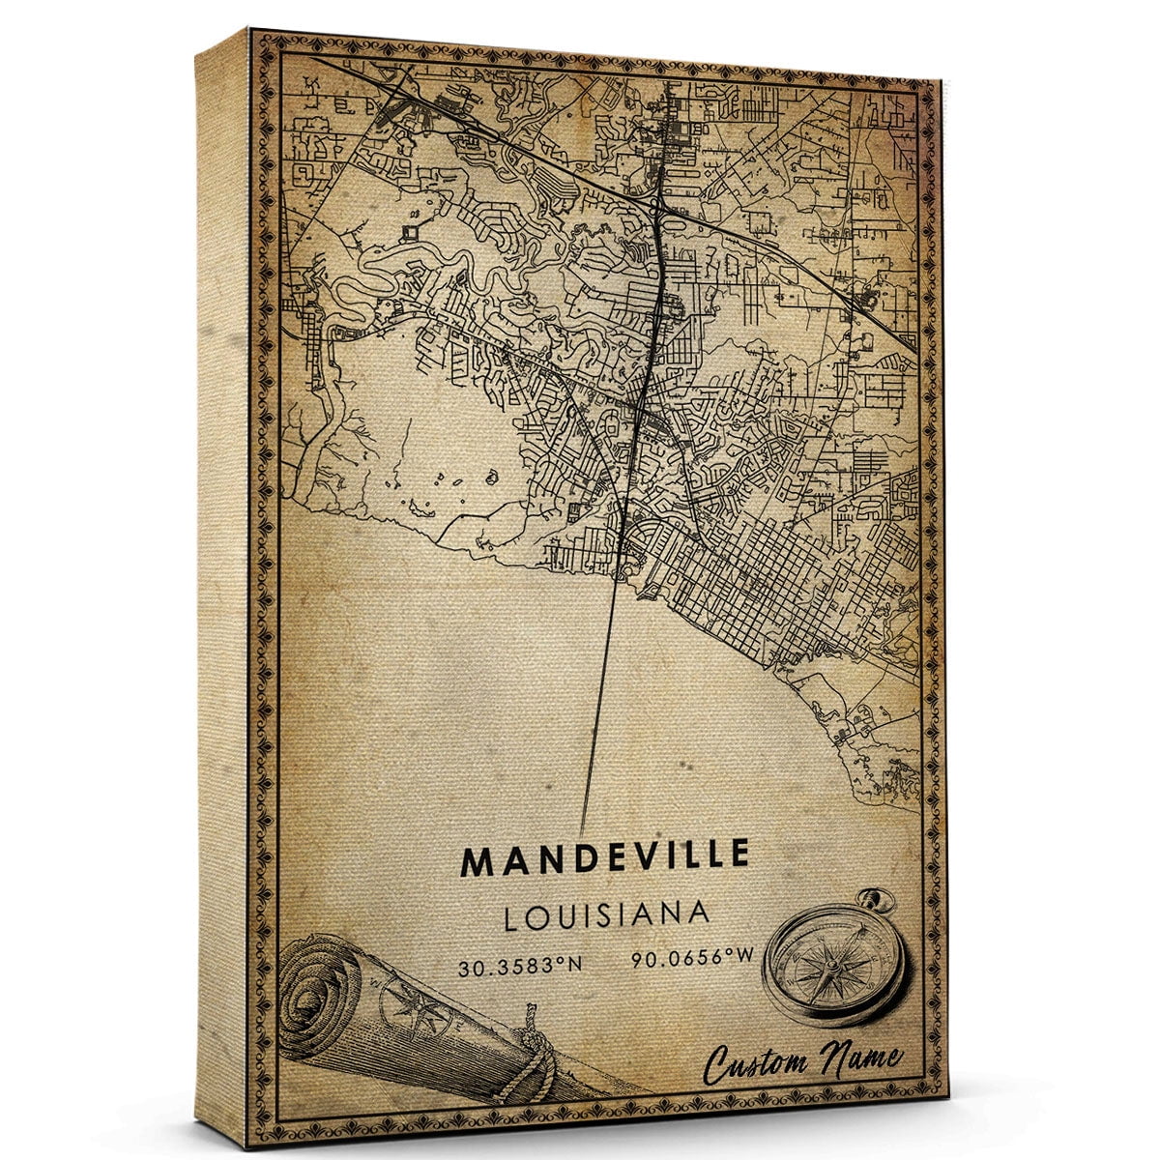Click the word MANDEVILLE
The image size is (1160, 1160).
point(605,857)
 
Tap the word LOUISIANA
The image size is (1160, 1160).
point(607,914)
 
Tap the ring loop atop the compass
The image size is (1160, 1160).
point(881,901)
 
